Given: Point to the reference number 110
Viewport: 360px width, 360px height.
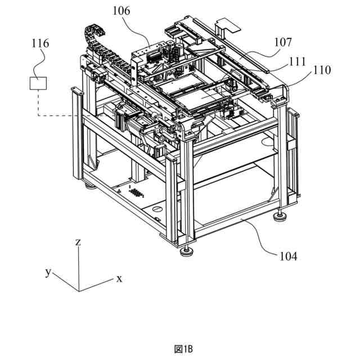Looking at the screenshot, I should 322,71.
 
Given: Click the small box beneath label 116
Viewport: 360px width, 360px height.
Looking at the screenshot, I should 38,83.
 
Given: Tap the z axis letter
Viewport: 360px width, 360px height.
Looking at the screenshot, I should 78,242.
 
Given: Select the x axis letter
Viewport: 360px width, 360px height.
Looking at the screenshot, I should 119,278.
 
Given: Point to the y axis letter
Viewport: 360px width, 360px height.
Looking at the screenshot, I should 48,272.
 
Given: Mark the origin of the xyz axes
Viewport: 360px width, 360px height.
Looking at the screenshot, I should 79,291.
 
